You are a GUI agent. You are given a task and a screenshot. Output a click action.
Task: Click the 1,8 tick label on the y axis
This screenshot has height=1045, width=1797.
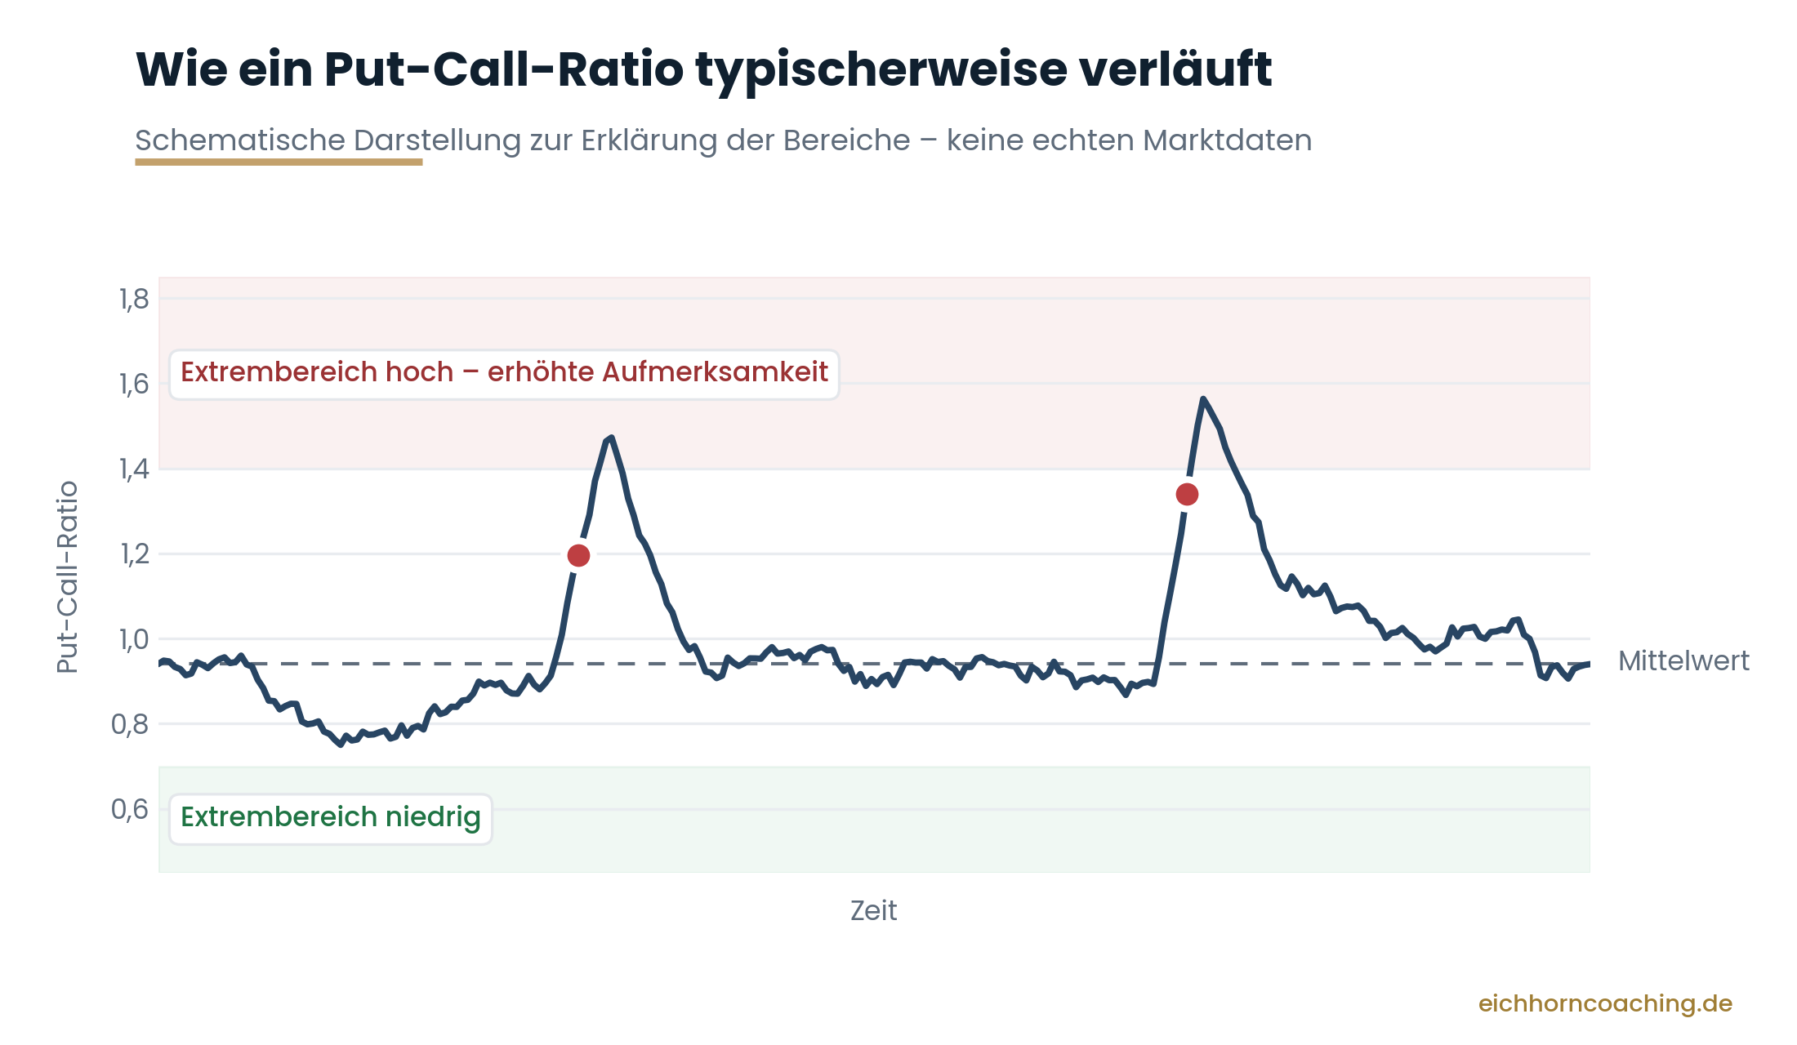coord(134,300)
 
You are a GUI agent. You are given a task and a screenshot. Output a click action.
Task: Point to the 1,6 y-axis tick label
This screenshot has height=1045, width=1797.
coord(134,384)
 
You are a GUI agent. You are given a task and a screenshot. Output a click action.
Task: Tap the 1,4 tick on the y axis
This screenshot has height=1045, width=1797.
coord(134,469)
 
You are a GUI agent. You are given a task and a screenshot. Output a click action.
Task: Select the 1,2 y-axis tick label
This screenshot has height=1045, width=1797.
coord(135,554)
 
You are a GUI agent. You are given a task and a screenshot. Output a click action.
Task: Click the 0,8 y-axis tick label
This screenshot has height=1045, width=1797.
coord(130,724)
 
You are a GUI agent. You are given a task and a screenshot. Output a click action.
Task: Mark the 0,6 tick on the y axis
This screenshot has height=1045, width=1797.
coord(130,809)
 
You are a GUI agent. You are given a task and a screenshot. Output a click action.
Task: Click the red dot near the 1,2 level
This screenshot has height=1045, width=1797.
coord(578,556)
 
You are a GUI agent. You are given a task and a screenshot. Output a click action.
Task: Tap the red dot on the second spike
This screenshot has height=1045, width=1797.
coord(1187,494)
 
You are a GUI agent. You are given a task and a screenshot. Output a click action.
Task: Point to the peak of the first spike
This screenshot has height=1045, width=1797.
coord(611,438)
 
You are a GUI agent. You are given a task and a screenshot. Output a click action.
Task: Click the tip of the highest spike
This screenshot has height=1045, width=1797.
coord(1203,398)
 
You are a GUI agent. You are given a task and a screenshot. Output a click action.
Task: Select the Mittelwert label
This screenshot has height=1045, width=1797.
coord(1683,660)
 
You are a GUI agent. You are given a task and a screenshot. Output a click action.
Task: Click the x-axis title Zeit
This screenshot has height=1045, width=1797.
coord(873,910)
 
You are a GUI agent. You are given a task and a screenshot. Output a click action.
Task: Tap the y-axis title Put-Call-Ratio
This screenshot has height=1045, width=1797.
coord(67,577)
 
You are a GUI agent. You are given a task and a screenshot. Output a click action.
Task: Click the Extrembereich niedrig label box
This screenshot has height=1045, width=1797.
coord(331,819)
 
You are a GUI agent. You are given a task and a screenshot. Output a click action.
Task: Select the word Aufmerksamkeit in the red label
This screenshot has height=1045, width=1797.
coord(715,372)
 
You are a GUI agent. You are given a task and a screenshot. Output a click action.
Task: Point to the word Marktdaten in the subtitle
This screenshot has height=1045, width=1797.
coord(1227,140)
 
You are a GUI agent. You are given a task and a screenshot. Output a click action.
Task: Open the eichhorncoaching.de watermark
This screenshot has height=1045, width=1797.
coord(1605,1003)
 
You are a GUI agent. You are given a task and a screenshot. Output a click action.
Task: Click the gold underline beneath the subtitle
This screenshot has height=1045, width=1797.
coord(279,162)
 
